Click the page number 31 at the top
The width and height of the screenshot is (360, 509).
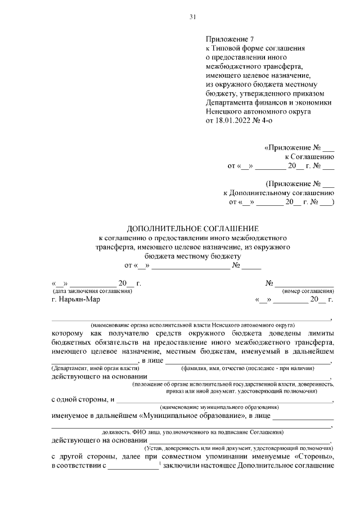192,17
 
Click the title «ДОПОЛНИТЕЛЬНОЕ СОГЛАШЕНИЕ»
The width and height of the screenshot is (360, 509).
192,229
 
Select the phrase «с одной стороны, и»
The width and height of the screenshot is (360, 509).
83,399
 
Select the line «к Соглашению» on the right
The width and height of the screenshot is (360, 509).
309,157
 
